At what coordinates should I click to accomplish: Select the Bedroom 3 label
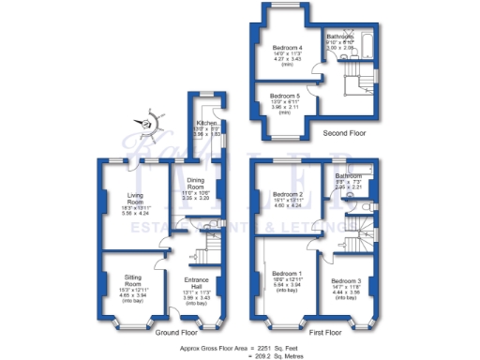[x=346, y=282]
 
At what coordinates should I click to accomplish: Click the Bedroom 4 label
[x=288, y=48]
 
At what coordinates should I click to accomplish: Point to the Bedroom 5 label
[x=286, y=96]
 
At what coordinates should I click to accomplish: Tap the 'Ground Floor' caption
[x=175, y=333]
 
